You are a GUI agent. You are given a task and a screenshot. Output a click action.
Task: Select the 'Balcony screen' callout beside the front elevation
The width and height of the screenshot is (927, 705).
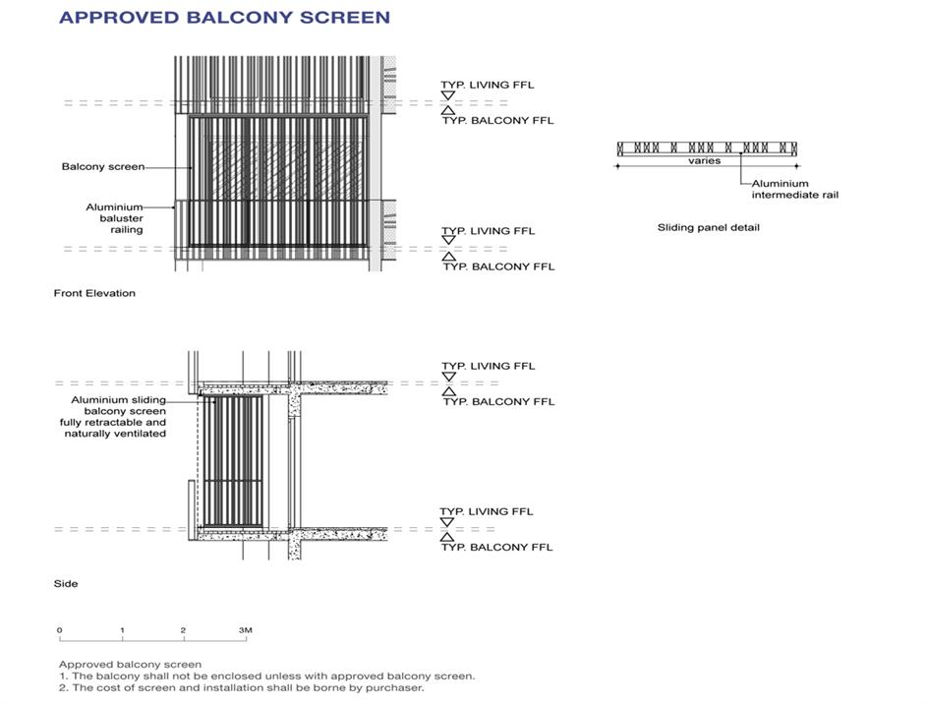[102, 167]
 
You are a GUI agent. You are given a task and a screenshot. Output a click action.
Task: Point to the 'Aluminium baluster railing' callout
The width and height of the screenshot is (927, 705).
[114, 218]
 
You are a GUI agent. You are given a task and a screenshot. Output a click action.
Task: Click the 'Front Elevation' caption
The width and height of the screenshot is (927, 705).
[94, 293]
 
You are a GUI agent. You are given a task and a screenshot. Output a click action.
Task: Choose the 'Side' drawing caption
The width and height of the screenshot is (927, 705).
[66, 584]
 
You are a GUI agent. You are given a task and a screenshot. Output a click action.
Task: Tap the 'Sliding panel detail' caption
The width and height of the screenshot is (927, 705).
[708, 228]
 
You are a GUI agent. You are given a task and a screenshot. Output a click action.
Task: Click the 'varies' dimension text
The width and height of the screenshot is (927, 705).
[704, 160]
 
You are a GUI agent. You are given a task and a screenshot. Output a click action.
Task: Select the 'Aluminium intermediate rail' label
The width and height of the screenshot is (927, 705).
[794, 189]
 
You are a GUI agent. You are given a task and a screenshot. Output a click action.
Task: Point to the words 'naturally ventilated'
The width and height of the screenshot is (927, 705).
[115, 434]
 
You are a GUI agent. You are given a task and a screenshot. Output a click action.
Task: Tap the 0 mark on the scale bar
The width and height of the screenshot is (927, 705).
[60, 630]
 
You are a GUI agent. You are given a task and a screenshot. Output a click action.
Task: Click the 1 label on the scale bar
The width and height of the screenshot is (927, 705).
[122, 630]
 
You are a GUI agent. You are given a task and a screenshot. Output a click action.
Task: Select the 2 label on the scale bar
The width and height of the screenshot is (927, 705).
[184, 630]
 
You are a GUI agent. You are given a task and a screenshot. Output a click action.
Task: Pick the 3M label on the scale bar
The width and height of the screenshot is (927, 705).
[245, 630]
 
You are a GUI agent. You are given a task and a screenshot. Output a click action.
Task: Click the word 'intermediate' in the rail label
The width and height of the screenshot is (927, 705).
[781, 195]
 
